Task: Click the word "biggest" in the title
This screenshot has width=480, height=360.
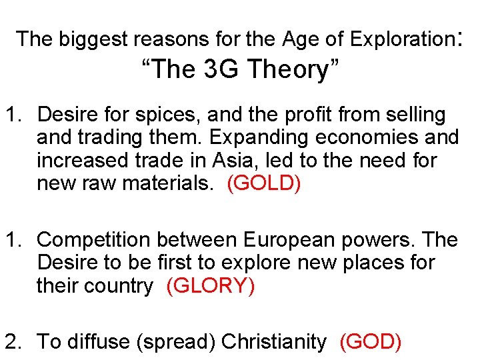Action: (x=94, y=39)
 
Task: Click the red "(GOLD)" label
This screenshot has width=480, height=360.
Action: (x=264, y=183)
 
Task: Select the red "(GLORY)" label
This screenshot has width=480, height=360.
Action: (x=211, y=286)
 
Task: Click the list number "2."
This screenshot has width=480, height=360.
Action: (x=15, y=342)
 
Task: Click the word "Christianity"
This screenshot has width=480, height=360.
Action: (x=273, y=342)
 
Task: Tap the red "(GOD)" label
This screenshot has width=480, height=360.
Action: (x=371, y=342)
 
